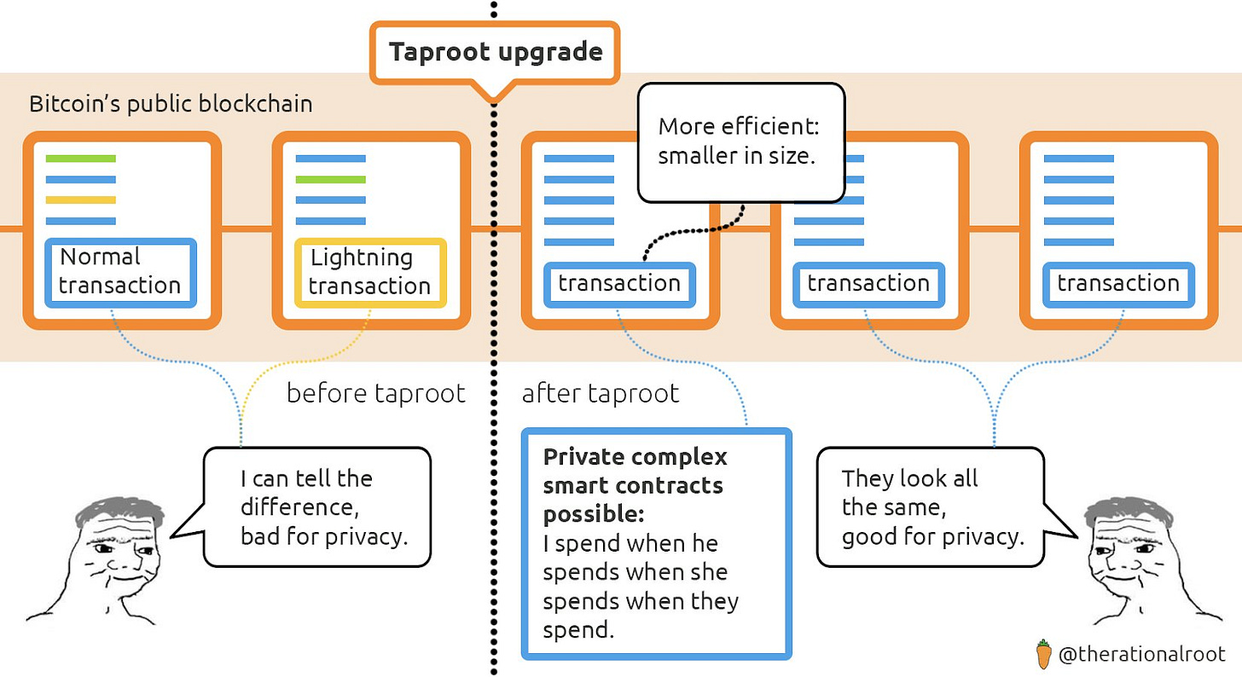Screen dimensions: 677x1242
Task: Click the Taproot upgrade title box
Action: (496, 52)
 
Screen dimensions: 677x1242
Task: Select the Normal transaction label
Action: (119, 271)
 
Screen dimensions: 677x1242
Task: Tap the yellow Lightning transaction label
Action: (369, 272)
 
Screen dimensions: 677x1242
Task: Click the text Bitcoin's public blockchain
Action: (171, 104)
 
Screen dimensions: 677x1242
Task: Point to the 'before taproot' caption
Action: (375, 393)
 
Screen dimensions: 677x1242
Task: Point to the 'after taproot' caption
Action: (600, 393)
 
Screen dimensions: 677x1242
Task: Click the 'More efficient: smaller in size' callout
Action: (740, 142)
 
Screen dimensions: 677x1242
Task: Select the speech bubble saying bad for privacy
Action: (317, 506)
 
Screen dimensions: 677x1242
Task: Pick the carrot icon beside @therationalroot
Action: (1043, 654)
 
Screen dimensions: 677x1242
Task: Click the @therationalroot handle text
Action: (1141, 655)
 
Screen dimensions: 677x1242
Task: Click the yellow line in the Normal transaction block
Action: (80, 200)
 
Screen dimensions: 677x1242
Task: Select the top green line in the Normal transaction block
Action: (80, 159)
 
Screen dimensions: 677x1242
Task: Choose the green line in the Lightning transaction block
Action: (330, 179)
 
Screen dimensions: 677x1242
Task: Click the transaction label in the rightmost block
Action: (1117, 283)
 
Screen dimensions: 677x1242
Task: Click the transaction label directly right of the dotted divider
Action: (619, 283)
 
